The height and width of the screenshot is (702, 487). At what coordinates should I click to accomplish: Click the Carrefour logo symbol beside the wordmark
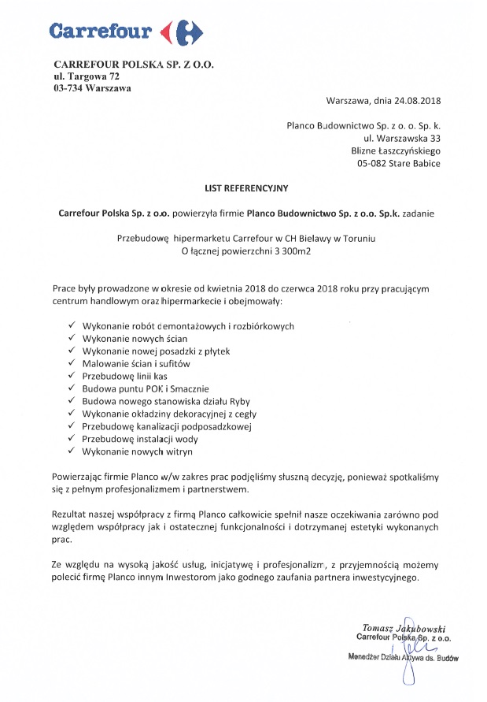click(x=181, y=32)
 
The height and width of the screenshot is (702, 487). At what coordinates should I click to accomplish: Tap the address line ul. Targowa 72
click(x=87, y=76)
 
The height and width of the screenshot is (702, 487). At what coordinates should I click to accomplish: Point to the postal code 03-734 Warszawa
click(x=93, y=88)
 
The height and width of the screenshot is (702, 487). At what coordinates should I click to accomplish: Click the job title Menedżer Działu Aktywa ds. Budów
click(x=403, y=656)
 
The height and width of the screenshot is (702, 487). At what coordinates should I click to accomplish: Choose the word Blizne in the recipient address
click(x=366, y=150)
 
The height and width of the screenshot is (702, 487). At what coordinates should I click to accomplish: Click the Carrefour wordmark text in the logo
click(x=100, y=32)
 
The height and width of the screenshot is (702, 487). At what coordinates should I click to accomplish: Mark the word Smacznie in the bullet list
click(x=189, y=388)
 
